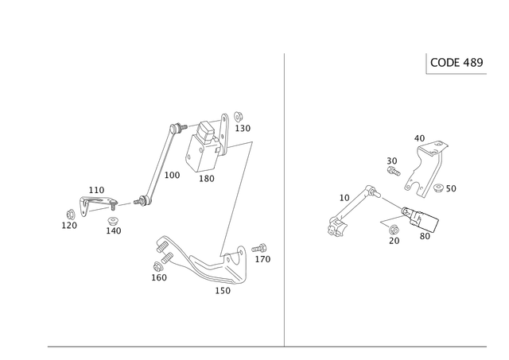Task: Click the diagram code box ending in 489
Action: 457,62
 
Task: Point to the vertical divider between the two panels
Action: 284,199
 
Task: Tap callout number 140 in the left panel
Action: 113,230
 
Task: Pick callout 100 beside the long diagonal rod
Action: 173,174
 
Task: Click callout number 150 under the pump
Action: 205,178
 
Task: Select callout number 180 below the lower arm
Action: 223,291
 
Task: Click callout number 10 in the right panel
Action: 421,137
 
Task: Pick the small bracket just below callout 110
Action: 94,202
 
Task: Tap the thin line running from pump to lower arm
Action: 237,199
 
